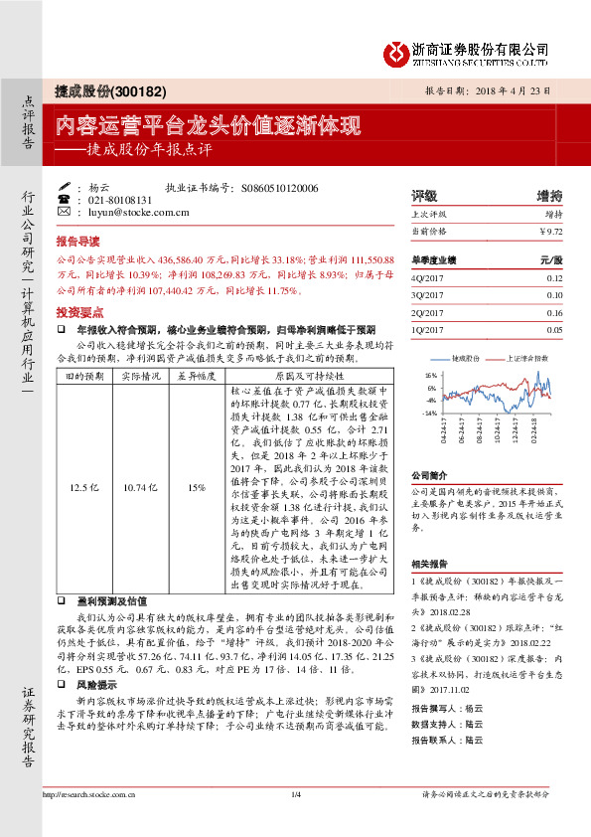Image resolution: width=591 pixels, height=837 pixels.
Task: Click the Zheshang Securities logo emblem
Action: (x=395, y=52)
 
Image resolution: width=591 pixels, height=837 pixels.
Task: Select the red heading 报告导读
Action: (x=77, y=241)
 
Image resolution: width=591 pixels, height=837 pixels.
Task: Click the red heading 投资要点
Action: (x=77, y=311)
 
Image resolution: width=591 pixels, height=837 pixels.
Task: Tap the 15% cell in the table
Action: (x=195, y=487)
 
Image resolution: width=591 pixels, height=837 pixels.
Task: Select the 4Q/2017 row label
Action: (x=425, y=278)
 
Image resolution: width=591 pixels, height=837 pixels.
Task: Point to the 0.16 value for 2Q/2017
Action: (x=553, y=312)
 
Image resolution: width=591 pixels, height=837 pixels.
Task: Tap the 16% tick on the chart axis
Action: (x=430, y=376)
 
